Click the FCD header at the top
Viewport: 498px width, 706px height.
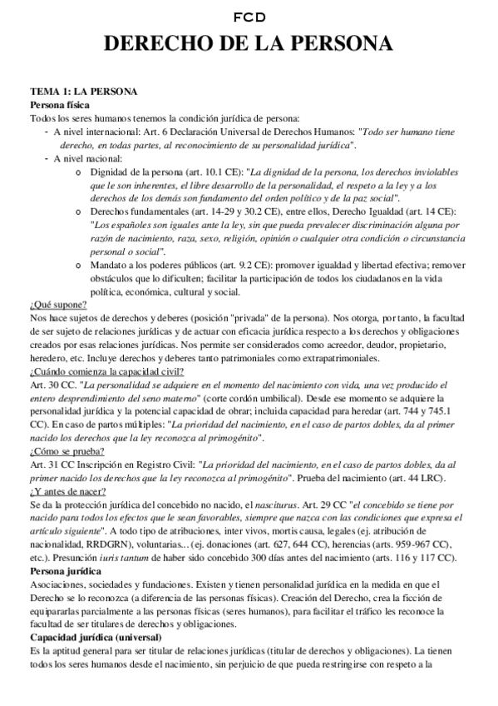[x=249, y=17]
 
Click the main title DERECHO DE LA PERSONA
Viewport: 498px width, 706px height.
[x=249, y=44]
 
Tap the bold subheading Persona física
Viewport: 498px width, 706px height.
[x=60, y=105]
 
